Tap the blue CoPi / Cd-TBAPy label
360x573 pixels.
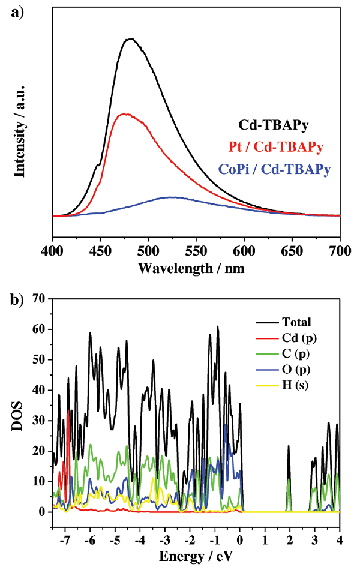pos(279,170)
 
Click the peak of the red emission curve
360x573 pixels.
pos(124,113)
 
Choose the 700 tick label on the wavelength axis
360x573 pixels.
pos(340,249)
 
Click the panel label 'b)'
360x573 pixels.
pos(17,299)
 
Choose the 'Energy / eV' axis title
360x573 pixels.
pos(195,556)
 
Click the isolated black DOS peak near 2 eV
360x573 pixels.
pos(289,447)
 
